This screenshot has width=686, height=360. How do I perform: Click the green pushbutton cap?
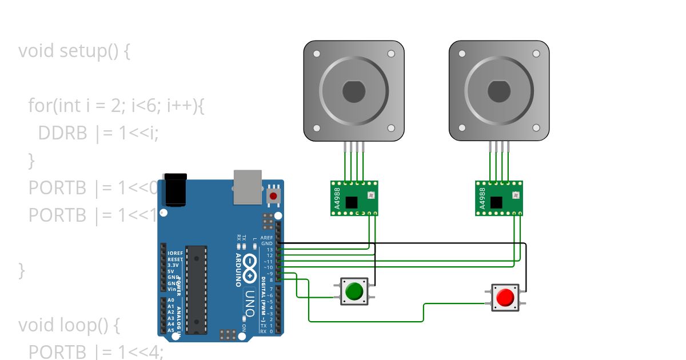[x=354, y=291]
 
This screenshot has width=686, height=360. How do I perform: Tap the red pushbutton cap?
[x=505, y=298]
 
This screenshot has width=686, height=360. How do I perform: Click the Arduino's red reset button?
[x=273, y=196]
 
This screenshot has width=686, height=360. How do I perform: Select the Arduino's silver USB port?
[x=247, y=186]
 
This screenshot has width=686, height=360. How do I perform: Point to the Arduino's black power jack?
[x=175, y=190]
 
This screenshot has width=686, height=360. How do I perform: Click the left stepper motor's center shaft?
[x=354, y=91]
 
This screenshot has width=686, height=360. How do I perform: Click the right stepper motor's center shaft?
[x=499, y=91]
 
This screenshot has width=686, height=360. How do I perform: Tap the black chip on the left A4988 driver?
[x=351, y=202]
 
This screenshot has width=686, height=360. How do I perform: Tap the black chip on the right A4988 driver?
[x=496, y=202]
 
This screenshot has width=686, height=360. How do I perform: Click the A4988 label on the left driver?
[x=337, y=198]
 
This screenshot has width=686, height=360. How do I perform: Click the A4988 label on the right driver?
[x=482, y=198]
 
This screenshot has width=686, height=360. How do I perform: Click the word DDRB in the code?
[x=63, y=133]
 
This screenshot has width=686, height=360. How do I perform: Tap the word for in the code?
[x=39, y=106]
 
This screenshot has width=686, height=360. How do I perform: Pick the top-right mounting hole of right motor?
[x=536, y=54]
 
